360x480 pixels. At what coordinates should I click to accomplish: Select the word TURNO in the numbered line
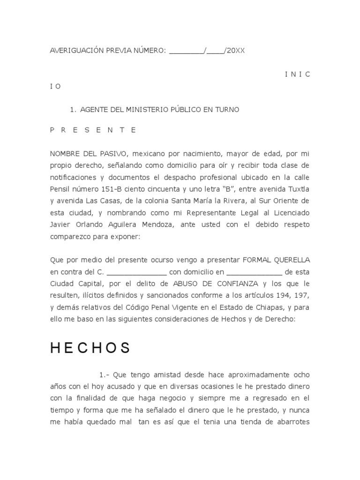click(x=227, y=110)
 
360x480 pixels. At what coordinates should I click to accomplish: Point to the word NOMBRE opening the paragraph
click(x=66, y=154)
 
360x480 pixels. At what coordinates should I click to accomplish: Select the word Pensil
click(x=61, y=189)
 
